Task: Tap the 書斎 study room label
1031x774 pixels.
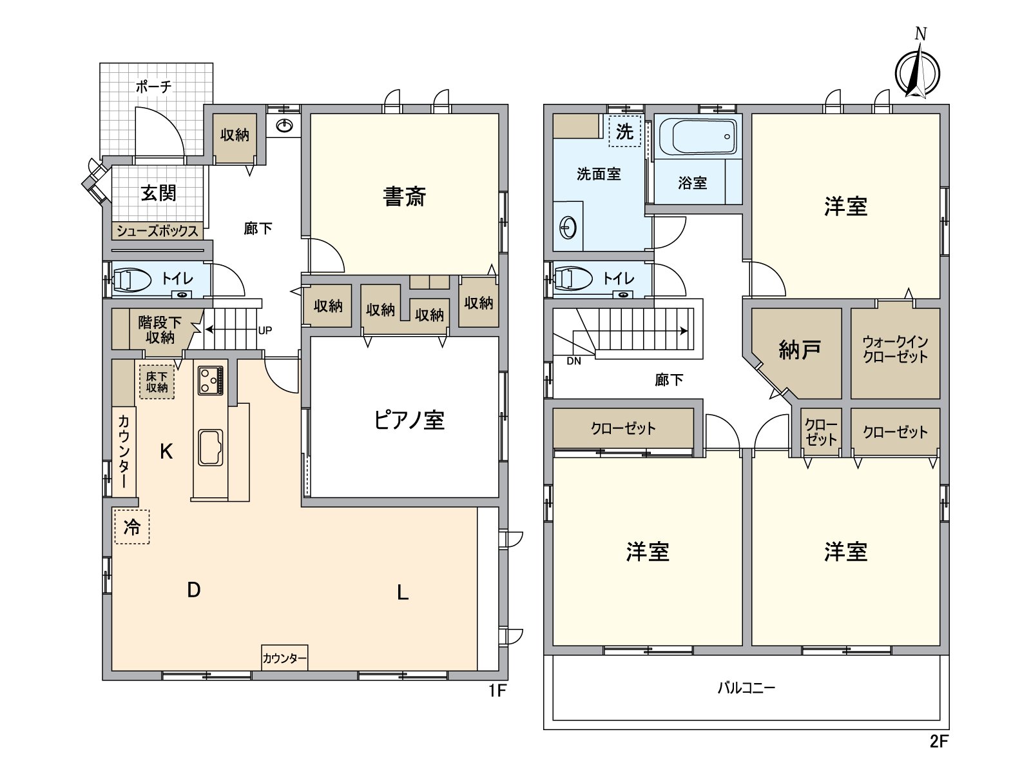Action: point(405,197)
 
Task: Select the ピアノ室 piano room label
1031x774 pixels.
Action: point(409,420)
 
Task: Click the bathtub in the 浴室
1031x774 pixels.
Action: point(698,136)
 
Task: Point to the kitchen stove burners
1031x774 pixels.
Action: point(211,380)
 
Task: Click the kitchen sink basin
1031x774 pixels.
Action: point(211,447)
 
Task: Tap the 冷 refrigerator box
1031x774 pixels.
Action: point(132,527)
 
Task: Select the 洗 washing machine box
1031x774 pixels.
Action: point(624,132)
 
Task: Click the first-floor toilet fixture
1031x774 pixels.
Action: point(132,281)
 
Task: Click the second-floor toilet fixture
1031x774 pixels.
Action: point(573,279)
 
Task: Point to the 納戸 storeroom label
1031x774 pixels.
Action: point(800,350)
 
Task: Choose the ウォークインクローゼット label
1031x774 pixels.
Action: point(895,349)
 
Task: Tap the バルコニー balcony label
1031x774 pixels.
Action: point(746,688)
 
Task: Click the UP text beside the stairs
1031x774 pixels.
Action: point(265,330)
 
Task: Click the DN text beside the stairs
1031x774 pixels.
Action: point(574,361)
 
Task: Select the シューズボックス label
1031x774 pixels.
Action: point(157,231)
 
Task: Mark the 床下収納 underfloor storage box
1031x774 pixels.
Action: point(157,382)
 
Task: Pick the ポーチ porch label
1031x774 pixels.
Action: point(153,86)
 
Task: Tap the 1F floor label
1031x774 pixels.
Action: point(497,690)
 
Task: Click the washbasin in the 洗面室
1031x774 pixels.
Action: point(568,228)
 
